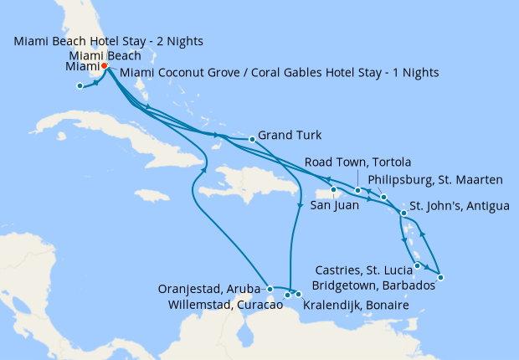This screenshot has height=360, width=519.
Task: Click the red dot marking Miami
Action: click(104, 67)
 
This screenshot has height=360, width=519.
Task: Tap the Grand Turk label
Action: click(289, 135)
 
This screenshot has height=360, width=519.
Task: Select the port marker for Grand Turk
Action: click(252, 139)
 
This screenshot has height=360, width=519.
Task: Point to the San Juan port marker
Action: click(333, 189)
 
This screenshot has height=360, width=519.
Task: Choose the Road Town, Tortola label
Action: click(357, 162)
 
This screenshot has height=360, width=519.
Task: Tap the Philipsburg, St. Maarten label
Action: click(435, 179)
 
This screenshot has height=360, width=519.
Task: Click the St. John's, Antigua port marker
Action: click(404, 213)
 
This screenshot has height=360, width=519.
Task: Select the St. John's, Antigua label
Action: click(459, 206)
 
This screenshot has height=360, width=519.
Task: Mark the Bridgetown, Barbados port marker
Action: click(440, 278)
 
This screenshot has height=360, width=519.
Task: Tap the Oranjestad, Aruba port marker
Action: click(270, 289)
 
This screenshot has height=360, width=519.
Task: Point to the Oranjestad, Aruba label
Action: click(211, 290)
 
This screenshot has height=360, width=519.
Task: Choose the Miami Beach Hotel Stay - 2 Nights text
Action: click(109, 41)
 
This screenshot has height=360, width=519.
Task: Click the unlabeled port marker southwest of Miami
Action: click(80, 85)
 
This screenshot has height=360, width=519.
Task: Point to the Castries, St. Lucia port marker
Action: click(417, 265)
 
